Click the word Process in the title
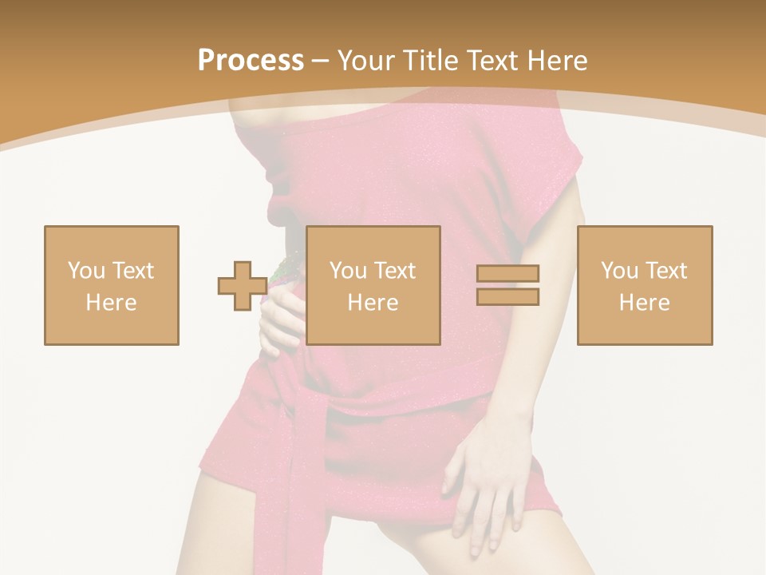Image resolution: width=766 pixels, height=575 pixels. (251, 61)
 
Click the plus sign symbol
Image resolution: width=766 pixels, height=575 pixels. (243, 286)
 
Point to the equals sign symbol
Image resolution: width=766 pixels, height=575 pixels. (507, 285)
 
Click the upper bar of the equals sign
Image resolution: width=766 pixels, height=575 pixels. (507, 274)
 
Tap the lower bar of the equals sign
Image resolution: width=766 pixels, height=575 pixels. (507, 297)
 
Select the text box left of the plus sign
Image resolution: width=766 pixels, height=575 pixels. (112, 285)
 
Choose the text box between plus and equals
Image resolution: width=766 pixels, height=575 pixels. (373, 285)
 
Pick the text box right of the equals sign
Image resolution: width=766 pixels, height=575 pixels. (645, 285)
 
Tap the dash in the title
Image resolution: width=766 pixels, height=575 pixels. (321, 61)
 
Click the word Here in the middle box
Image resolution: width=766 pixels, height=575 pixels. (373, 303)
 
